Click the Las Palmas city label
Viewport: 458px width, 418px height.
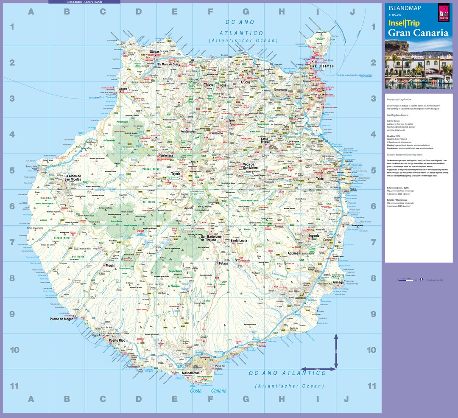coord(321,67)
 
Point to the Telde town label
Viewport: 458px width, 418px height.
coord(319,179)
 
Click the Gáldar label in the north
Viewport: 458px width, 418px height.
coord(154,52)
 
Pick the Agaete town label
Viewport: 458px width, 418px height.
coord(123,89)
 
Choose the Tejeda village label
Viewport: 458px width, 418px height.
coord(176,174)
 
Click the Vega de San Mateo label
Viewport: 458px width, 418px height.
coord(250,166)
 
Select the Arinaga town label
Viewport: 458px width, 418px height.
coord(338,282)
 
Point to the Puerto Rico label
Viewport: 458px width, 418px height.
coord(117,341)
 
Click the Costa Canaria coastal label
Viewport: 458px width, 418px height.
coord(208,391)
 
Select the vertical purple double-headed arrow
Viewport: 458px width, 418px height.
coord(336,351)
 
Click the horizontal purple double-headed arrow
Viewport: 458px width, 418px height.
coord(318,369)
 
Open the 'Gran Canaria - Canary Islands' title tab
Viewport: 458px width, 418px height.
coord(84,2)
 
